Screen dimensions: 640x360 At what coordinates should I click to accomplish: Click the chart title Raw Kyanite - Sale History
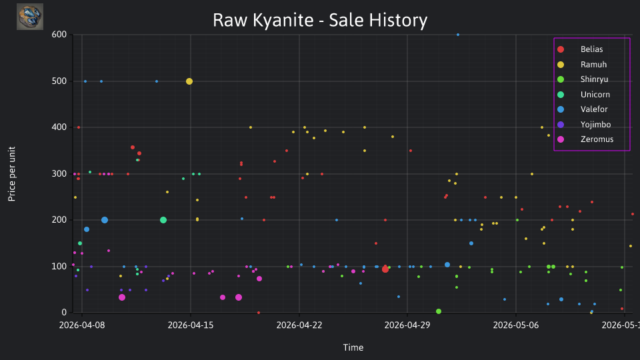click(320, 20)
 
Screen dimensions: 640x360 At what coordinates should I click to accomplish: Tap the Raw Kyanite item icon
click(30, 17)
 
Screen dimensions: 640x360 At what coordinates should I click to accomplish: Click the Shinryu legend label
click(594, 79)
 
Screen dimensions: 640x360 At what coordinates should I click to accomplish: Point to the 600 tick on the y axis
click(59, 35)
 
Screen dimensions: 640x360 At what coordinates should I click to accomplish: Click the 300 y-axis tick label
click(59, 174)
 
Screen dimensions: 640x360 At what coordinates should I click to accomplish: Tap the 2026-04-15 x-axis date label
click(190, 325)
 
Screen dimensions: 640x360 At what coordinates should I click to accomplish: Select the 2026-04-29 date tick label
click(407, 325)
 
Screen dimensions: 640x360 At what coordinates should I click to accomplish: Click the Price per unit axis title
click(11, 174)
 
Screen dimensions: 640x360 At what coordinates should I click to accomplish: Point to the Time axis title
click(353, 347)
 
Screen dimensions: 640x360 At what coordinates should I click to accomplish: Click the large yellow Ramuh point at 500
click(189, 81)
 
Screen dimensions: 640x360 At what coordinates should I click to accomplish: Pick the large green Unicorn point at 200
click(163, 220)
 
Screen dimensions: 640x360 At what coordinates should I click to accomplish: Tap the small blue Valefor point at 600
click(458, 35)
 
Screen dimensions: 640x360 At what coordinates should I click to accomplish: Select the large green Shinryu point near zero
click(439, 311)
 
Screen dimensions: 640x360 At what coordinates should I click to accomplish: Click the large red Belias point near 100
click(385, 269)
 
